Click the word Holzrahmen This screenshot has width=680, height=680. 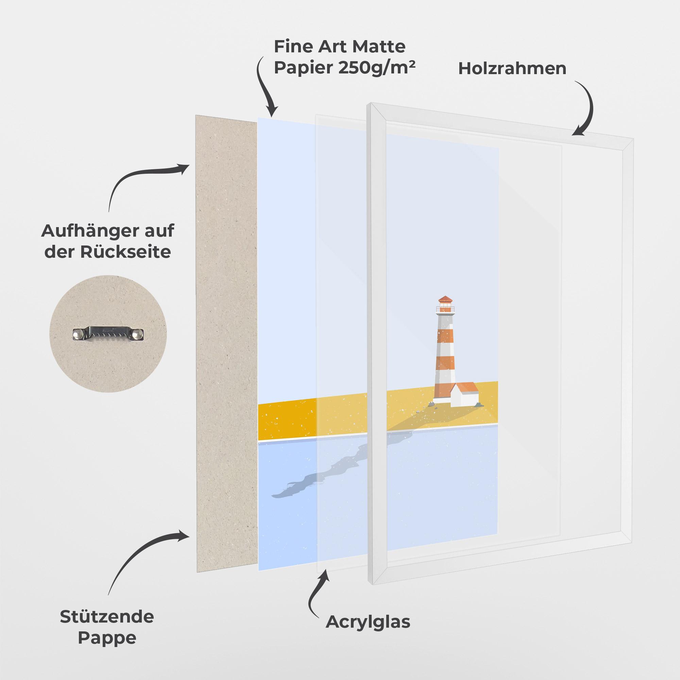coord(512,69)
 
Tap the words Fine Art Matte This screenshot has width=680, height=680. coord(340,47)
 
